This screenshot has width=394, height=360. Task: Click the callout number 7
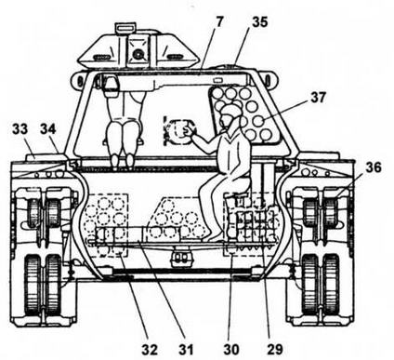(219, 22)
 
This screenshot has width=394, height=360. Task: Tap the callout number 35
(259, 22)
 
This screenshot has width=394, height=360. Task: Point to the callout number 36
(374, 167)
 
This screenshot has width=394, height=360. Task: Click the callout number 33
(20, 128)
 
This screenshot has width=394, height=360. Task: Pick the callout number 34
(48, 128)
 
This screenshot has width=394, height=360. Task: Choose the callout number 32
(150, 350)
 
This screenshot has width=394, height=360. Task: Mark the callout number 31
(186, 350)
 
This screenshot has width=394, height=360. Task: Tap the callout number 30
(231, 350)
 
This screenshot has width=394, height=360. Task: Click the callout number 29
(275, 350)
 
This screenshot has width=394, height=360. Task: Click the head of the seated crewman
(230, 116)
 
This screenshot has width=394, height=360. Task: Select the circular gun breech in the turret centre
(179, 132)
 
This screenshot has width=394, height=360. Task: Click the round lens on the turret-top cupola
(137, 55)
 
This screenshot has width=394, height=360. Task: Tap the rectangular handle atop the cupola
(125, 27)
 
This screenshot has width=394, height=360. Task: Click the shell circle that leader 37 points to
(258, 121)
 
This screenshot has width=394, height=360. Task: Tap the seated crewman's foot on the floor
(215, 238)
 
